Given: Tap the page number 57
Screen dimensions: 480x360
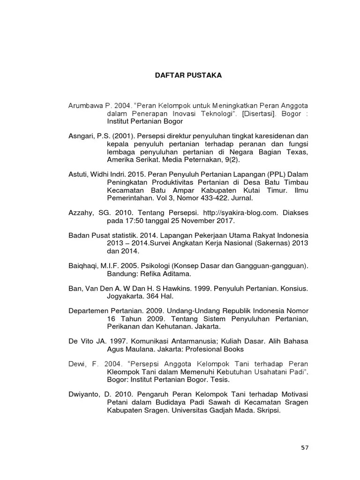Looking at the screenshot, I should (305, 448).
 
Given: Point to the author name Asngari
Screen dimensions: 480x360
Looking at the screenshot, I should (81, 135).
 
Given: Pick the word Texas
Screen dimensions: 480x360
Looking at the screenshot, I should (297, 152).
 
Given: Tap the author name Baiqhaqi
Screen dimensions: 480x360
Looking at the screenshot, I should (83, 265).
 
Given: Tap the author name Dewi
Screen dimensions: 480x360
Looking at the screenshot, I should (77, 363).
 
